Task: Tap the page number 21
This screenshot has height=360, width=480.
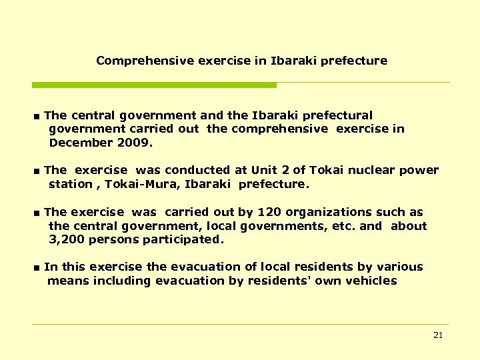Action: [x=438, y=335]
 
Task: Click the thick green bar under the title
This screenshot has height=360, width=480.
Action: [x=154, y=85]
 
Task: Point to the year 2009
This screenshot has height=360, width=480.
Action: [x=133, y=143]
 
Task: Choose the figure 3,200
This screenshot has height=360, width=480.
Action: [x=67, y=239]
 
